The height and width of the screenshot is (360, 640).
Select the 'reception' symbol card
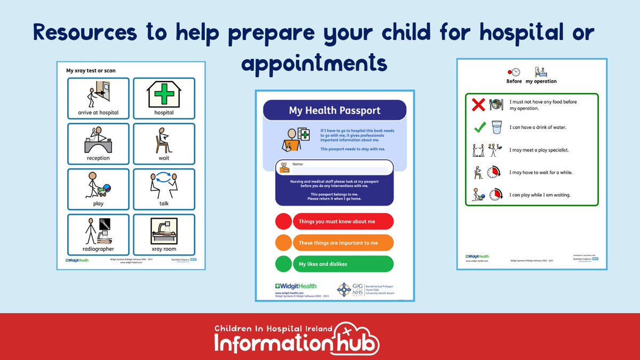click(98, 143)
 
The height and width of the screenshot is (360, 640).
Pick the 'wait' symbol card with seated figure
click(164, 143)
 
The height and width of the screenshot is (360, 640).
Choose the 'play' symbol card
click(98, 189)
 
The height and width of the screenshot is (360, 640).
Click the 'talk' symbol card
click(164, 189)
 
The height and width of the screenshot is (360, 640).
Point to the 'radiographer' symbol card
click(98, 234)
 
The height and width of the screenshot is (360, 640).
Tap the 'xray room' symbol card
click(164, 234)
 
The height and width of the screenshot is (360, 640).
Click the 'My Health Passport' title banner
click(334, 110)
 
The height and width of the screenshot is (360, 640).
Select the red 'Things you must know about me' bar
click(343, 221)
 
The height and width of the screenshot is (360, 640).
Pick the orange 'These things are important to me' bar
click(343, 243)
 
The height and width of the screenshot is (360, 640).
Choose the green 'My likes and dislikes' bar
click(343, 264)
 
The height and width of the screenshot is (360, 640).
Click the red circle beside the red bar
click(283, 221)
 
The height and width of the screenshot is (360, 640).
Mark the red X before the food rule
click(478, 105)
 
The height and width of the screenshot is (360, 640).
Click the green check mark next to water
click(479, 127)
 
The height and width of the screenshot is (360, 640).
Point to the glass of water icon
click(497, 127)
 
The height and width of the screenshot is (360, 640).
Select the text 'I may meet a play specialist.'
click(539, 150)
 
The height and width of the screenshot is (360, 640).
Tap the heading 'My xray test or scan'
click(91, 70)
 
